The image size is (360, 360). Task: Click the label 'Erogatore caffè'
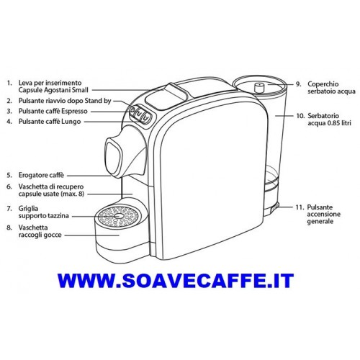[41, 176]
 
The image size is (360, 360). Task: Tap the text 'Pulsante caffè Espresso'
[53, 112]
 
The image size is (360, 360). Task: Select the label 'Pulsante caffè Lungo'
[50, 122]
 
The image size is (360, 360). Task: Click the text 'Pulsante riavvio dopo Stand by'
[65, 101]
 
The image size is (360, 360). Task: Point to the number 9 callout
[298, 84]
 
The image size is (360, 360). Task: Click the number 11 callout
[300, 207]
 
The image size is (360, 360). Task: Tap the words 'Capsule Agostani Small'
[53, 90]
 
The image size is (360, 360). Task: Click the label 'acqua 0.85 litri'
[329, 123]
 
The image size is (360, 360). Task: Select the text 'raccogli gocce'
[40, 235]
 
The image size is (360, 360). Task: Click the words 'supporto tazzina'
[43, 216]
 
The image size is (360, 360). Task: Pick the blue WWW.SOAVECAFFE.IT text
[176, 280]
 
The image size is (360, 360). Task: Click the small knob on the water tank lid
[258, 88]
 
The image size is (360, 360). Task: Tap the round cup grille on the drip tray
[118, 216]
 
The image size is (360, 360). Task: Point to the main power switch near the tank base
[274, 207]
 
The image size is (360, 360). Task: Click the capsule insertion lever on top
[176, 90]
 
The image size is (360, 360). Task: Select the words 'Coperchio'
[323, 84]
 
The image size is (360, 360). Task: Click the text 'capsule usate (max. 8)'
[51, 194]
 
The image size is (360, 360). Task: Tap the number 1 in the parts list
[9, 84]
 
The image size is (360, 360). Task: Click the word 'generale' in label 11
[320, 221]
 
